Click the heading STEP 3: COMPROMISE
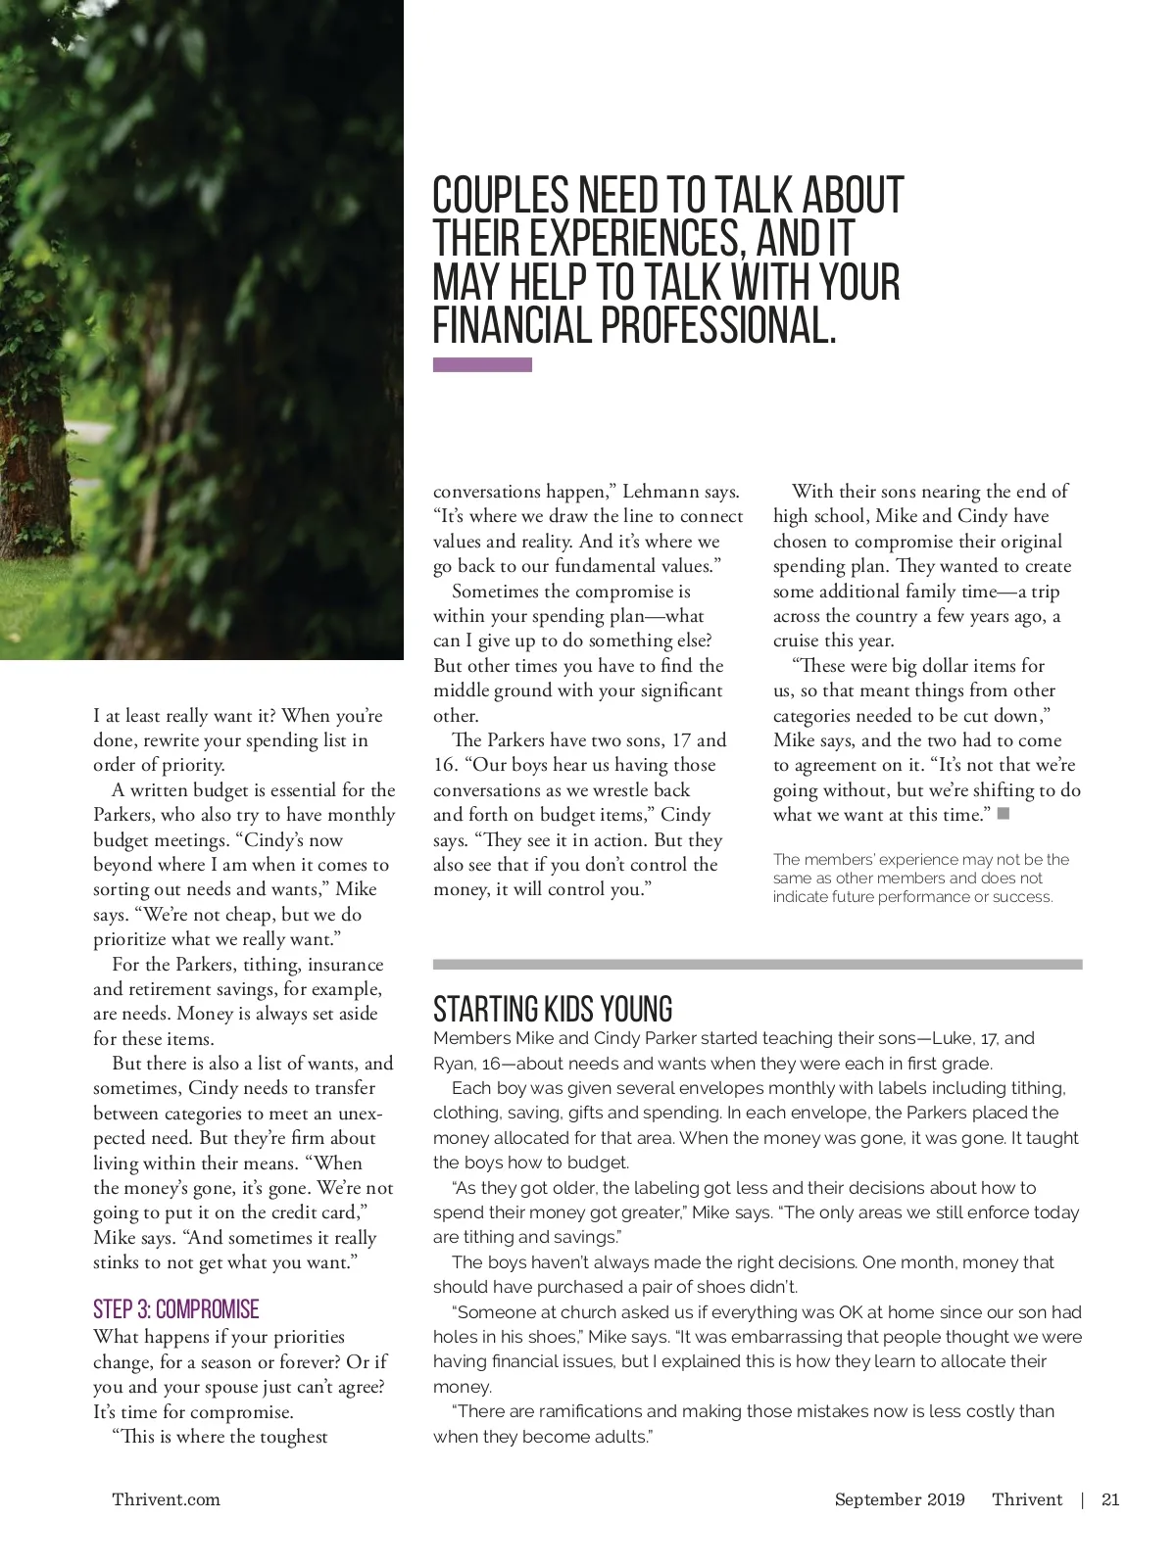(176, 1309)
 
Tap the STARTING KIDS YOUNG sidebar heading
(553, 1009)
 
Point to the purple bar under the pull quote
(482, 365)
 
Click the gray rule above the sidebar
(758, 965)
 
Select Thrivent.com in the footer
(166, 1499)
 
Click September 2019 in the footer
(900, 1499)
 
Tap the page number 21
(1110, 1499)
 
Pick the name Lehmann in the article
(661, 492)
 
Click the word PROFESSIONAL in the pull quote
(718, 325)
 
